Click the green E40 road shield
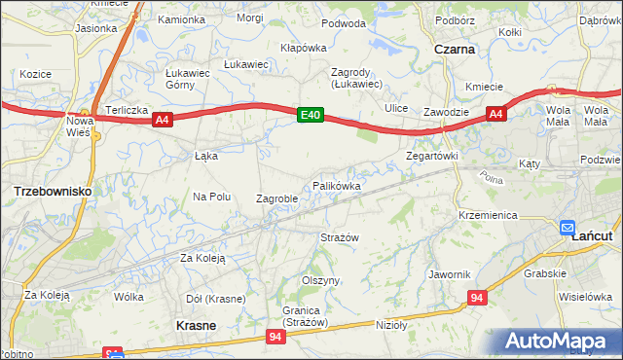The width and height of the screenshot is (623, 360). (x=310, y=116)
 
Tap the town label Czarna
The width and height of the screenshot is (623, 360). (x=455, y=49)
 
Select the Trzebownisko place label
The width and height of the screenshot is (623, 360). (x=53, y=192)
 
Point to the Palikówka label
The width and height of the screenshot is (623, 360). (x=337, y=185)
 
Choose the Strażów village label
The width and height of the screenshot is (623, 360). (x=341, y=237)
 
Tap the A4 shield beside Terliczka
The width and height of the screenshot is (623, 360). (x=163, y=120)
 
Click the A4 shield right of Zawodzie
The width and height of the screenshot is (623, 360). (x=495, y=115)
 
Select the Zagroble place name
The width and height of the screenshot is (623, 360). (x=276, y=198)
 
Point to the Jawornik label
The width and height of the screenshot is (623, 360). (x=449, y=274)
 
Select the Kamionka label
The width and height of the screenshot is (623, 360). (x=181, y=19)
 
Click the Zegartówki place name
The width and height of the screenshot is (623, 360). (x=431, y=156)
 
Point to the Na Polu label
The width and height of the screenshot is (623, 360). (x=211, y=197)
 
